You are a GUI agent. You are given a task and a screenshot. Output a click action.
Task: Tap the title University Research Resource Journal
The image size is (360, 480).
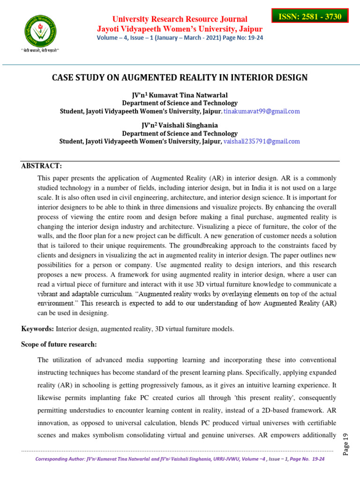[x=180, y=19]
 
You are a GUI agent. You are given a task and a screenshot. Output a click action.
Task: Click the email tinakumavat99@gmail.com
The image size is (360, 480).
[x=262, y=112]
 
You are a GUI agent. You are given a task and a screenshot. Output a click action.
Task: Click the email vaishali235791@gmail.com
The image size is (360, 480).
[x=262, y=141]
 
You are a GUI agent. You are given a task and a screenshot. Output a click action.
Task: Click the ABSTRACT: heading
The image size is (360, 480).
[x=41, y=166]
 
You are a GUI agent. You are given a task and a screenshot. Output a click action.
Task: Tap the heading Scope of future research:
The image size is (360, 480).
[x=59, y=345]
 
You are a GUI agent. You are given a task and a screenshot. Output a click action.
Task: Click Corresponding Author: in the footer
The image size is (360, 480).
[x=60, y=459]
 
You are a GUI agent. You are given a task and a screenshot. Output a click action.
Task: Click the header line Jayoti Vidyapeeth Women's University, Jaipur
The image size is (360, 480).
[x=180, y=29]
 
